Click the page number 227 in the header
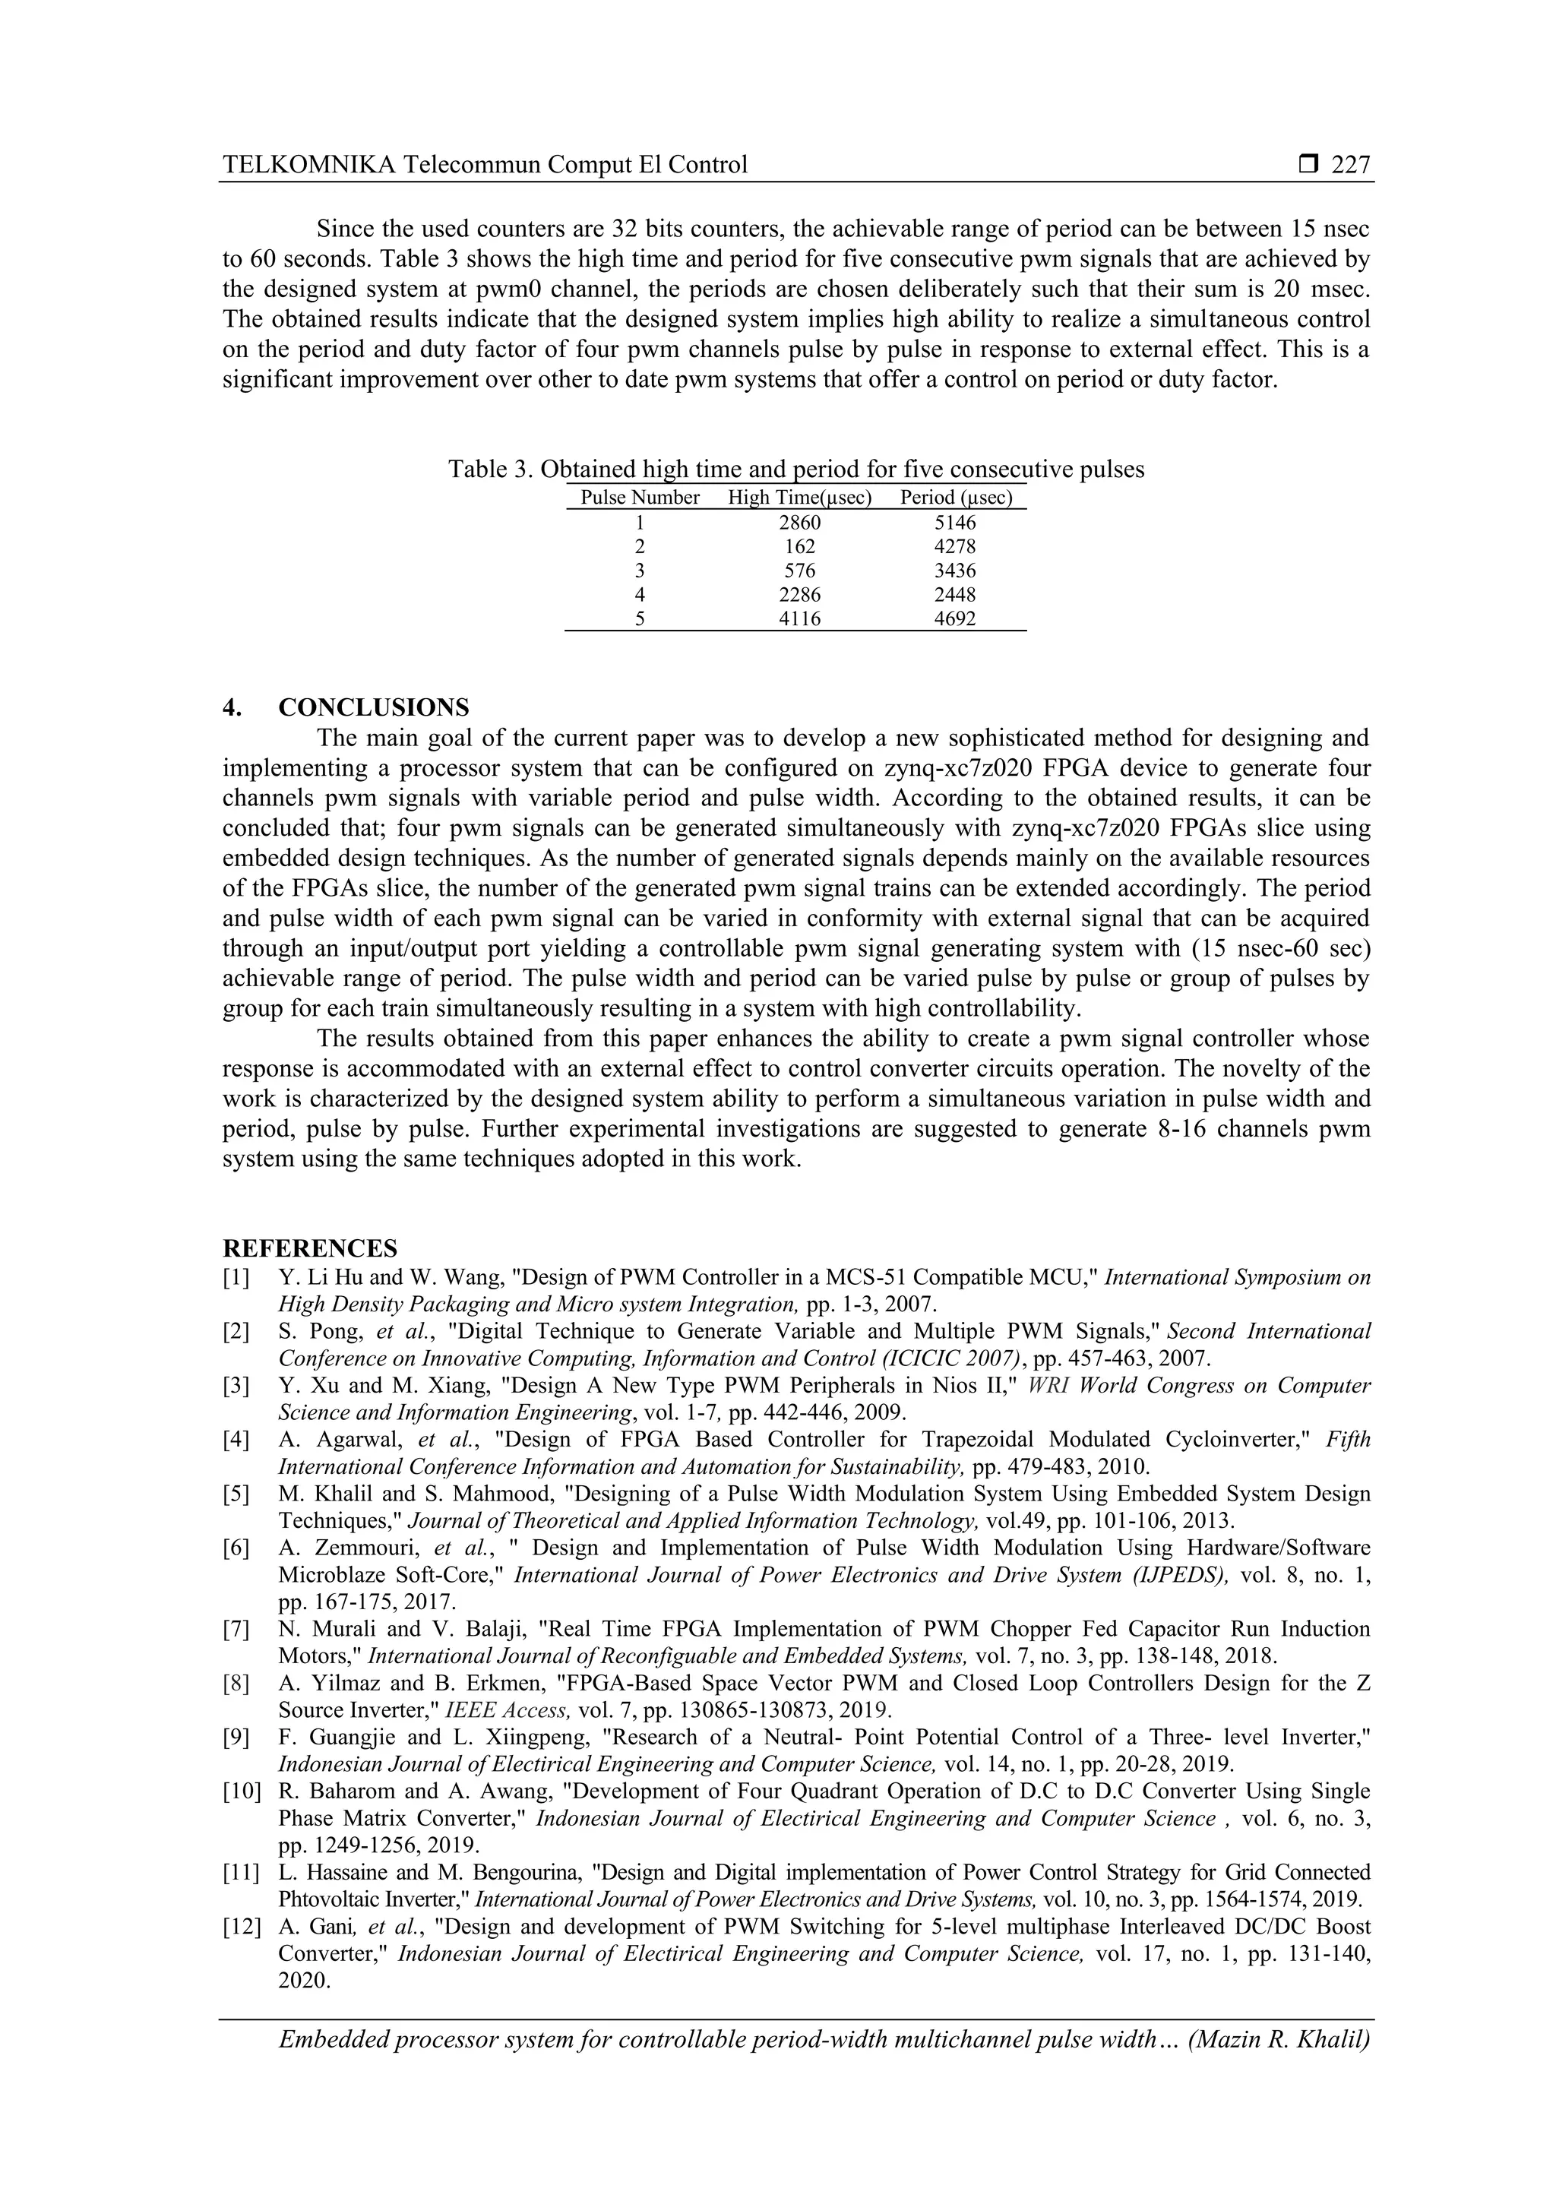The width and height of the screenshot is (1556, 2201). (1351, 166)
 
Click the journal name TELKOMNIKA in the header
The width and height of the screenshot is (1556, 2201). (308, 166)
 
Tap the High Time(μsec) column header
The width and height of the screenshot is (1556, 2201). (799, 498)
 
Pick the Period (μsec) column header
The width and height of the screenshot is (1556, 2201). (956, 498)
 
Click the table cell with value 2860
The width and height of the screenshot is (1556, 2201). (799, 523)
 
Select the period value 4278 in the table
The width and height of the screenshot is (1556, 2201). (955, 547)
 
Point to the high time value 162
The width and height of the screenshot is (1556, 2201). (799, 547)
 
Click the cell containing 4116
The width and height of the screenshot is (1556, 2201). (799, 619)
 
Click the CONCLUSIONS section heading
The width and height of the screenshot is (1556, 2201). (373, 707)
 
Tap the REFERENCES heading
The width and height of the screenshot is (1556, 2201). (310, 1249)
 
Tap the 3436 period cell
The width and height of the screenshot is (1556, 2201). (955, 571)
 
